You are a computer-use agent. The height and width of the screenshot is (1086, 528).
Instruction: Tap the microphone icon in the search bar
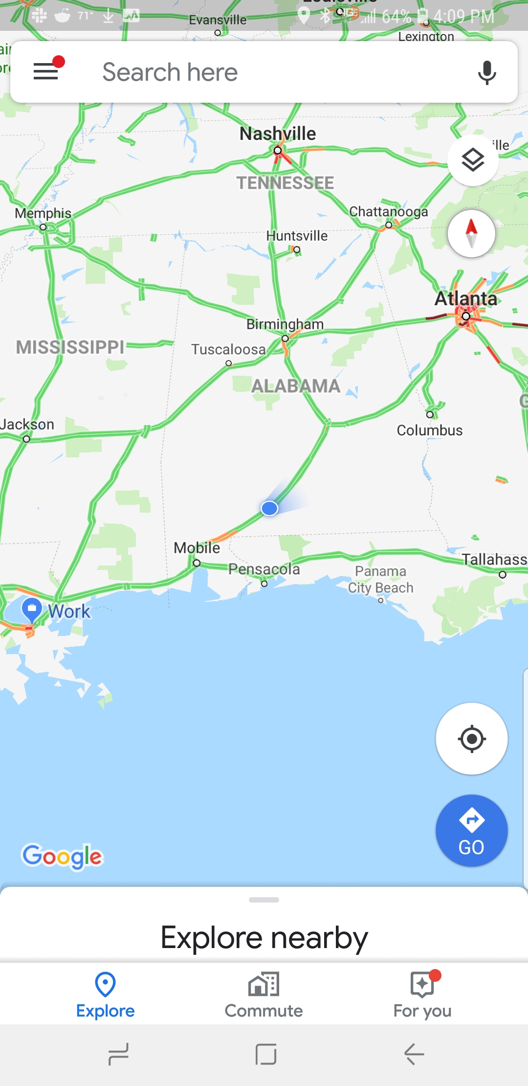pyautogui.click(x=486, y=72)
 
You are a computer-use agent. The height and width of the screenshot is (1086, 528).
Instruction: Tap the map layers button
pyautogui.click(x=473, y=160)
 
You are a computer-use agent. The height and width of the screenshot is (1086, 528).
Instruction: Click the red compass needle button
pyautogui.click(x=471, y=233)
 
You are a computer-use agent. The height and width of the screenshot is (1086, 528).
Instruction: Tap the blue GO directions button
pyautogui.click(x=471, y=831)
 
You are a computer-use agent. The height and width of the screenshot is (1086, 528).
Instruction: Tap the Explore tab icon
pyautogui.click(x=105, y=984)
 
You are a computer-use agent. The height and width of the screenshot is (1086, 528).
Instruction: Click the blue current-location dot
pyautogui.click(x=269, y=509)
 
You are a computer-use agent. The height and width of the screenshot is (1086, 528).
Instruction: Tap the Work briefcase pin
pyautogui.click(x=32, y=609)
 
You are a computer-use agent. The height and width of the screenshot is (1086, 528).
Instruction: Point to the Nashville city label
pyautogui.click(x=278, y=134)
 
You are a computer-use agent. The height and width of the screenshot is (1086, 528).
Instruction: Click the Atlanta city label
pyautogui.click(x=466, y=298)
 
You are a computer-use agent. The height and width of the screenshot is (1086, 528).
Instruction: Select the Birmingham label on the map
pyautogui.click(x=285, y=324)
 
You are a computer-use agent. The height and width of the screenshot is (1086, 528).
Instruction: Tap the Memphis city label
pyautogui.click(x=43, y=213)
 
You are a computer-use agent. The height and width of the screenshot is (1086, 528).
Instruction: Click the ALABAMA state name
pyautogui.click(x=296, y=386)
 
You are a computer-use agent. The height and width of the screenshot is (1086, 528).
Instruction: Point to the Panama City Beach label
pyautogui.click(x=381, y=579)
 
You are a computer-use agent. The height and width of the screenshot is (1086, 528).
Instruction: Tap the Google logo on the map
pyautogui.click(x=63, y=856)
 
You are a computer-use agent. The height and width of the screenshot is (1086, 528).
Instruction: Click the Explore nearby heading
pyautogui.click(x=264, y=938)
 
